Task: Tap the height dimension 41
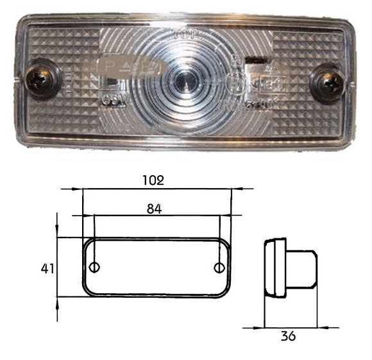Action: pyautogui.click(x=45, y=268)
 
